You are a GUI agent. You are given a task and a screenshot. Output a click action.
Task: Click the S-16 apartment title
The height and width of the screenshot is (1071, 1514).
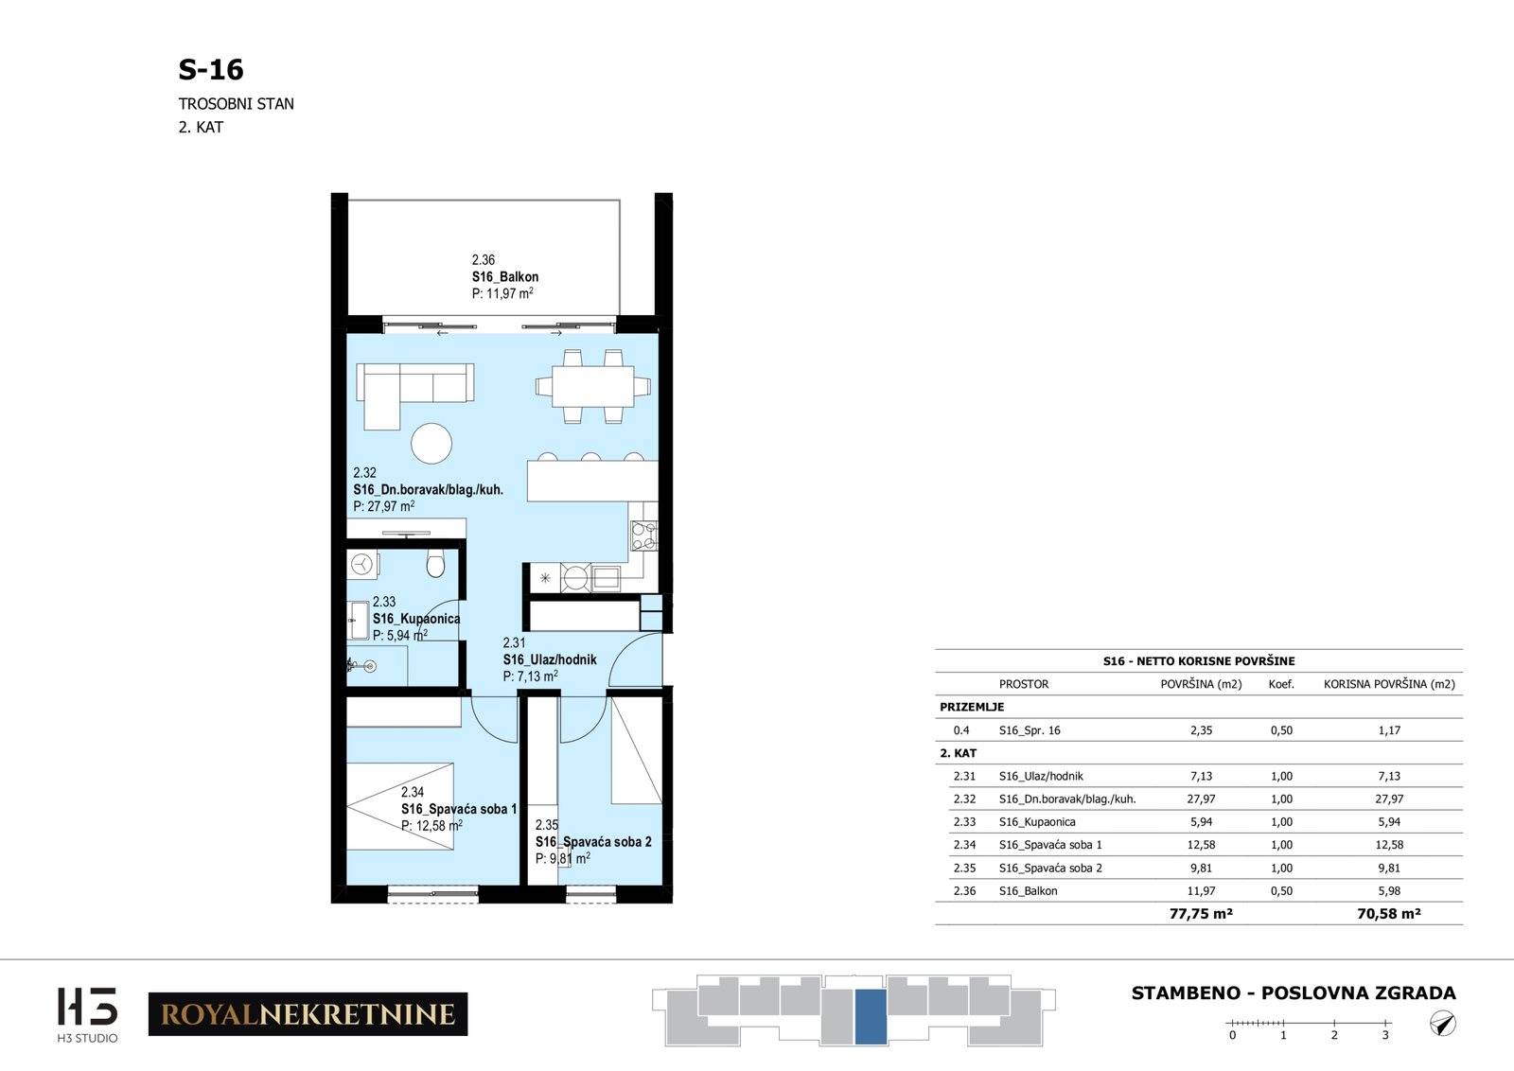[211, 70]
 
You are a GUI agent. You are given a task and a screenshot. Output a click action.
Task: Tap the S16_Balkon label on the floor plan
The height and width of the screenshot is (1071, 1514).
[505, 277]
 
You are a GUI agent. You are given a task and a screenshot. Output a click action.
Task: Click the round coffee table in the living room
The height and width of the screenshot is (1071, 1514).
[431, 444]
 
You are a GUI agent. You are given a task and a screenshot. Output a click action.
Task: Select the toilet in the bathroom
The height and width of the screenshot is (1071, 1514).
[435, 563]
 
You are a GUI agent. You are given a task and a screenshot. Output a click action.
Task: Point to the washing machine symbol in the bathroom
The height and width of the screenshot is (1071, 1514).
[362, 564]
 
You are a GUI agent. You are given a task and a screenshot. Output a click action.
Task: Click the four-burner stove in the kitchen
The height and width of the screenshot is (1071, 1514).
[644, 535]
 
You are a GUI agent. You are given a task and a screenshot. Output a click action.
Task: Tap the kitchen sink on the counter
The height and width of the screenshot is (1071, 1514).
[607, 578]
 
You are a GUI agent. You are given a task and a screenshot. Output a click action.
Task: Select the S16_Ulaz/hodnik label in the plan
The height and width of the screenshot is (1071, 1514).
[550, 659]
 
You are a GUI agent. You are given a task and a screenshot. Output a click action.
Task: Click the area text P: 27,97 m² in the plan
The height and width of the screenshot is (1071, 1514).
[384, 506]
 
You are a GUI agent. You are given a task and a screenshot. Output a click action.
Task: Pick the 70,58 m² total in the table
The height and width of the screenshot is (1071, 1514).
[1389, 914]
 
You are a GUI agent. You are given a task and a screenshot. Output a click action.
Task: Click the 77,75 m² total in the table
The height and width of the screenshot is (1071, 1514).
[1201, 914]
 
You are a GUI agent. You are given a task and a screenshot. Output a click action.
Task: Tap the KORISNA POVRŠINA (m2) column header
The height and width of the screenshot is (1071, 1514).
[1389, 684]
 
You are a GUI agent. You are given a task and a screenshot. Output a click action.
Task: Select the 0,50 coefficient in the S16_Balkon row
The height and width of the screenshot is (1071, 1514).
[1281, 890]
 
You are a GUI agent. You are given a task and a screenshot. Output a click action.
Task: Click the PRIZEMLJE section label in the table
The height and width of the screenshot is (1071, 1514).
[972, 707]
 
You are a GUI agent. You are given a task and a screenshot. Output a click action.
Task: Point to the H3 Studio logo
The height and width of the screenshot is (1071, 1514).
[87, 1014]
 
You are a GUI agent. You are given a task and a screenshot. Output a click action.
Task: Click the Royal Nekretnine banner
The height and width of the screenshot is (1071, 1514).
[308, 1014]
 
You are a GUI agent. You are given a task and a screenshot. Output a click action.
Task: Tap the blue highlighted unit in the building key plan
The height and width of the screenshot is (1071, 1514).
[871, 1017]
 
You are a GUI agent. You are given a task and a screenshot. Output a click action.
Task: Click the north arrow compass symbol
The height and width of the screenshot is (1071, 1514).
[1443, 1024]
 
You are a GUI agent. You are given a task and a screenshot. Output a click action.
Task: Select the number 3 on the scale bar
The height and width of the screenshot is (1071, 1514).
[1385, 1035]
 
